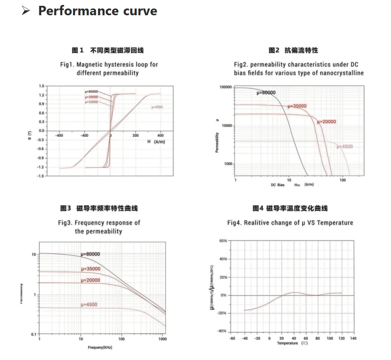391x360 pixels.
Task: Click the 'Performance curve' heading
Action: pyautogui.click(x=98, y=11)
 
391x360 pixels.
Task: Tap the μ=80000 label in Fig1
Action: pyautogui.click(x=91, y=91)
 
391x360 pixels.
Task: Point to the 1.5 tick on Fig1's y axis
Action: pyautogui.click(x=42, y=86)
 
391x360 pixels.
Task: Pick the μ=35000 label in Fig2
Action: pyautogui.click(x=297, y=106)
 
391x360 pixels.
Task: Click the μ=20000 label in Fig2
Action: pyautogui.click(x=326, y=121)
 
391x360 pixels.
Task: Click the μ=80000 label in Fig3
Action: pyautogui.click(x=90, y=254)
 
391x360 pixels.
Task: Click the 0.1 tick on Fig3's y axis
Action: pyautogui.click(x=34, y=335)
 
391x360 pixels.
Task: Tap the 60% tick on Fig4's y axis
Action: pyautogui.click(x=223, y=241)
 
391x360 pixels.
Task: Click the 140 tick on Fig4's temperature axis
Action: pyautogui.click(x=353, y=338)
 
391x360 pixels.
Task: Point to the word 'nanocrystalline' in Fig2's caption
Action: pyautogui.click(x=342, y=73)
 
